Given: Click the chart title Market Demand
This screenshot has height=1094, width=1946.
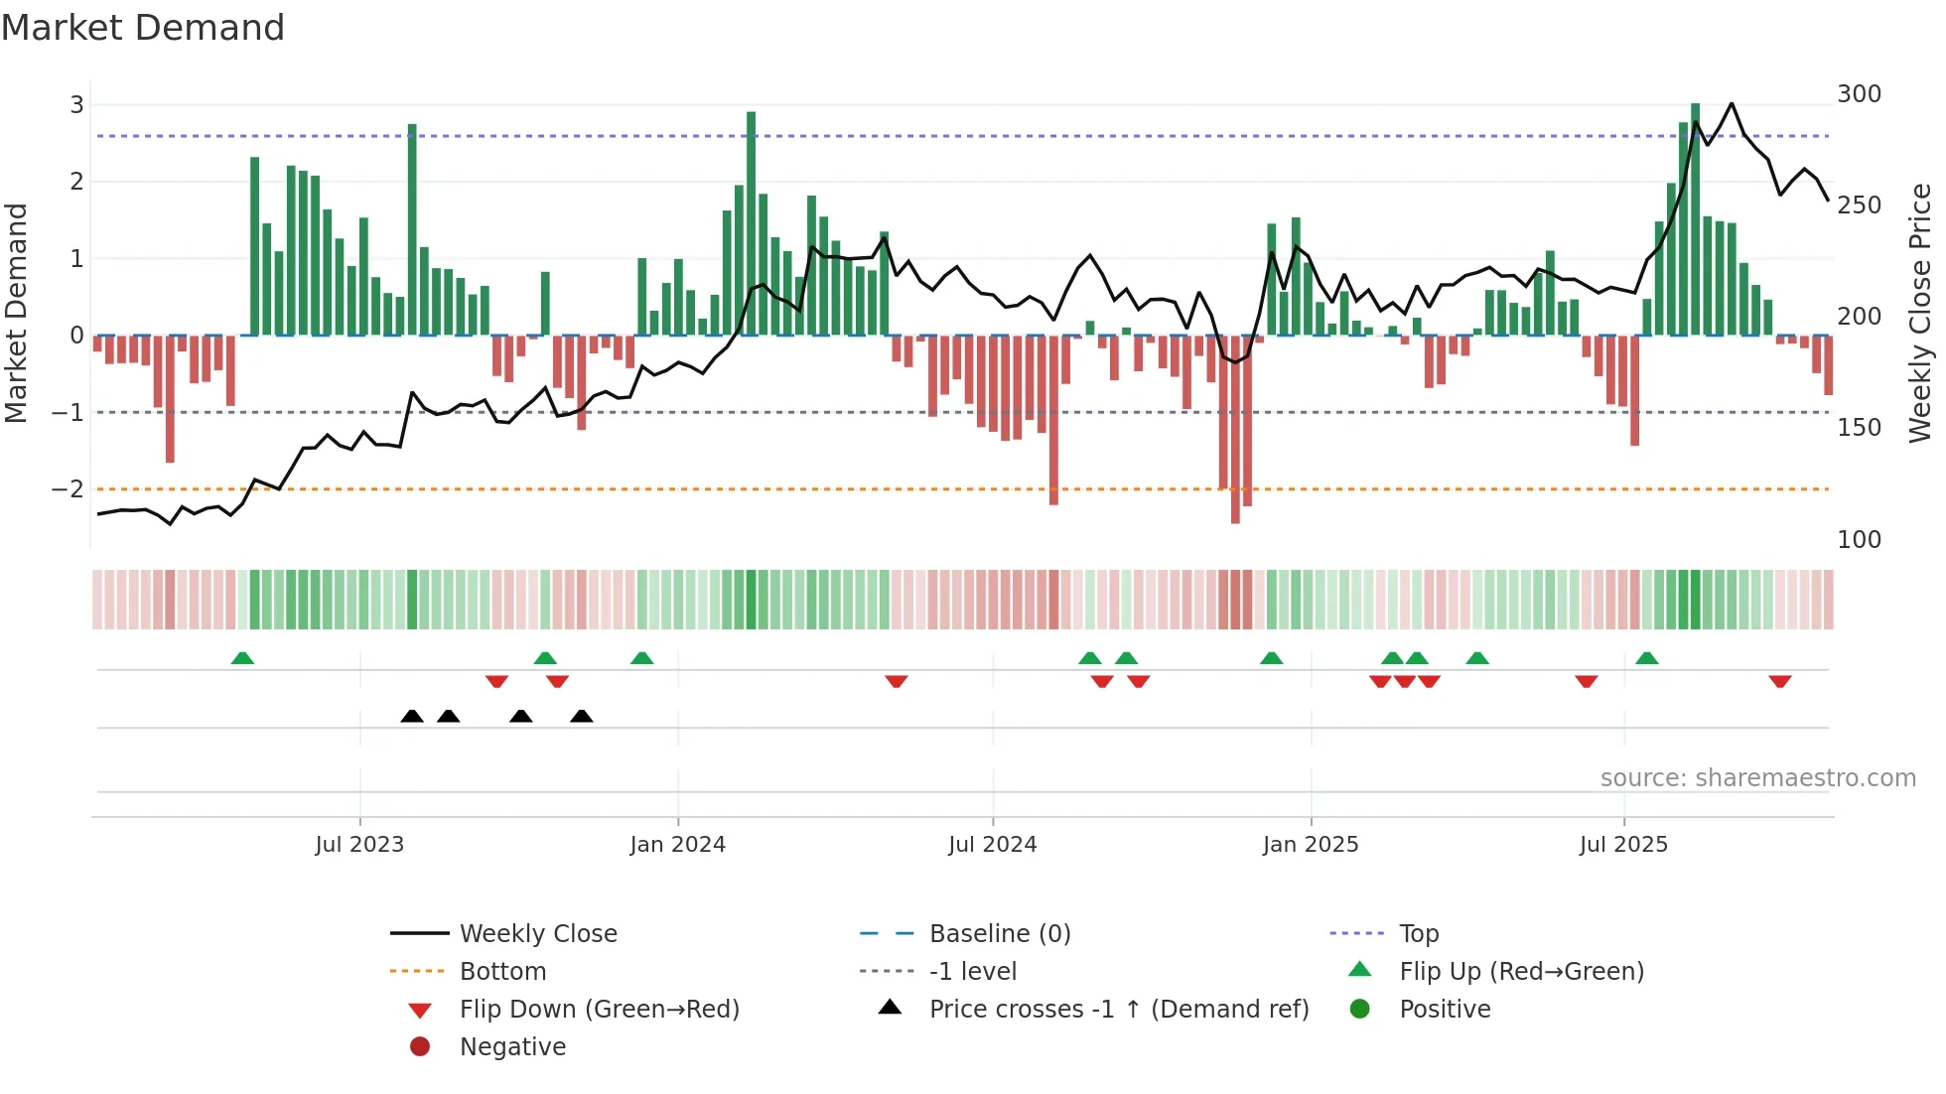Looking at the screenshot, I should pos(143,28).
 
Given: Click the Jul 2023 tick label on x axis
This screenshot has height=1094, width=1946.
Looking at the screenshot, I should pos(359,845).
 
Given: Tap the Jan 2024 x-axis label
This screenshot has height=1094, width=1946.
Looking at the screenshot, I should pos(677,845).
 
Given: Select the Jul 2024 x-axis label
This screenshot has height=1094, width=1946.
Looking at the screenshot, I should pos(992,845).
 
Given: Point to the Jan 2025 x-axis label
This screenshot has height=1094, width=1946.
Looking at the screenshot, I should pos(1310,845).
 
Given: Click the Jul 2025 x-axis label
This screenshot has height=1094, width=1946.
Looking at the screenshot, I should pos(1623,845).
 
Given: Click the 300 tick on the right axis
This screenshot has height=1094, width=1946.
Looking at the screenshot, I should pos(1859,94).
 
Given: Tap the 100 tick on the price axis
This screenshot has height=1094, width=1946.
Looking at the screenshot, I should pos(1859,540).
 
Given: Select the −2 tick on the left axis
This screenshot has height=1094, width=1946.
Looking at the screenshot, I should pos(68,489).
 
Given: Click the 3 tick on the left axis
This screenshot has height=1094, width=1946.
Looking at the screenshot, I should pos(76,105).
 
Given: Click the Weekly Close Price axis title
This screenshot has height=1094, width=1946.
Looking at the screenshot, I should pos(1920,313).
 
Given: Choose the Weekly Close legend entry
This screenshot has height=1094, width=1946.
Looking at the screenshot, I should pos(537,934).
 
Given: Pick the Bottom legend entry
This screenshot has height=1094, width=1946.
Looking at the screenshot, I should pos(502,972).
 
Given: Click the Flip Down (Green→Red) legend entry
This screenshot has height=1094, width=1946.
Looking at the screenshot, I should pos(599,1010).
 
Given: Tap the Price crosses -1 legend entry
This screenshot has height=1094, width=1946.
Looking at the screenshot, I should pos(1118,1010).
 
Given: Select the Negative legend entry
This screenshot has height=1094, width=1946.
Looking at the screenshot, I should pos(512,1047).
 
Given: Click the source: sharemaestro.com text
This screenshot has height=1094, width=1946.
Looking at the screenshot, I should pos(1757,778).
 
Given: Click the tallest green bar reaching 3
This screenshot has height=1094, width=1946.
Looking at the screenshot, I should pos(1695,218).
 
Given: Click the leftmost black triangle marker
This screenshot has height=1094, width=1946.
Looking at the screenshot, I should pos(412,717).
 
